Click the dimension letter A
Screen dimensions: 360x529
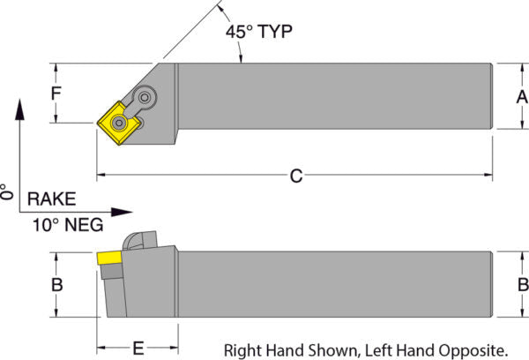point(520,95)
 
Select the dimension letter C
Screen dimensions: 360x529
point(296,176)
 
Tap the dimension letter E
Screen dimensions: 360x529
point(138,348)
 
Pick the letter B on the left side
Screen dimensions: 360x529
point(57,285)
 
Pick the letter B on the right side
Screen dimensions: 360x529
point(522,285)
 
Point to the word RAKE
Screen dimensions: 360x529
point(51,199)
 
